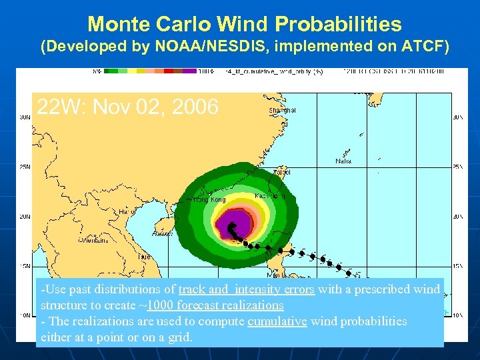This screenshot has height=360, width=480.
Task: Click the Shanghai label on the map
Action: click(x=282, y=110)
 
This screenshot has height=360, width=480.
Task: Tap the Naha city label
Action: click(x=344, y=161)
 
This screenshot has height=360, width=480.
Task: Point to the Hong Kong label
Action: click(x=209, y=199)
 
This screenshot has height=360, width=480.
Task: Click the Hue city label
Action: click(x=144, y=256)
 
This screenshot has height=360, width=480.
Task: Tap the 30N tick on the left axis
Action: click(x=23, y=117)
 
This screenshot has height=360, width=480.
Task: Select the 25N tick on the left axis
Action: click(x=23, y=167)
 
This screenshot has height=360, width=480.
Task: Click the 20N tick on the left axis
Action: click(x=23, y=216)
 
